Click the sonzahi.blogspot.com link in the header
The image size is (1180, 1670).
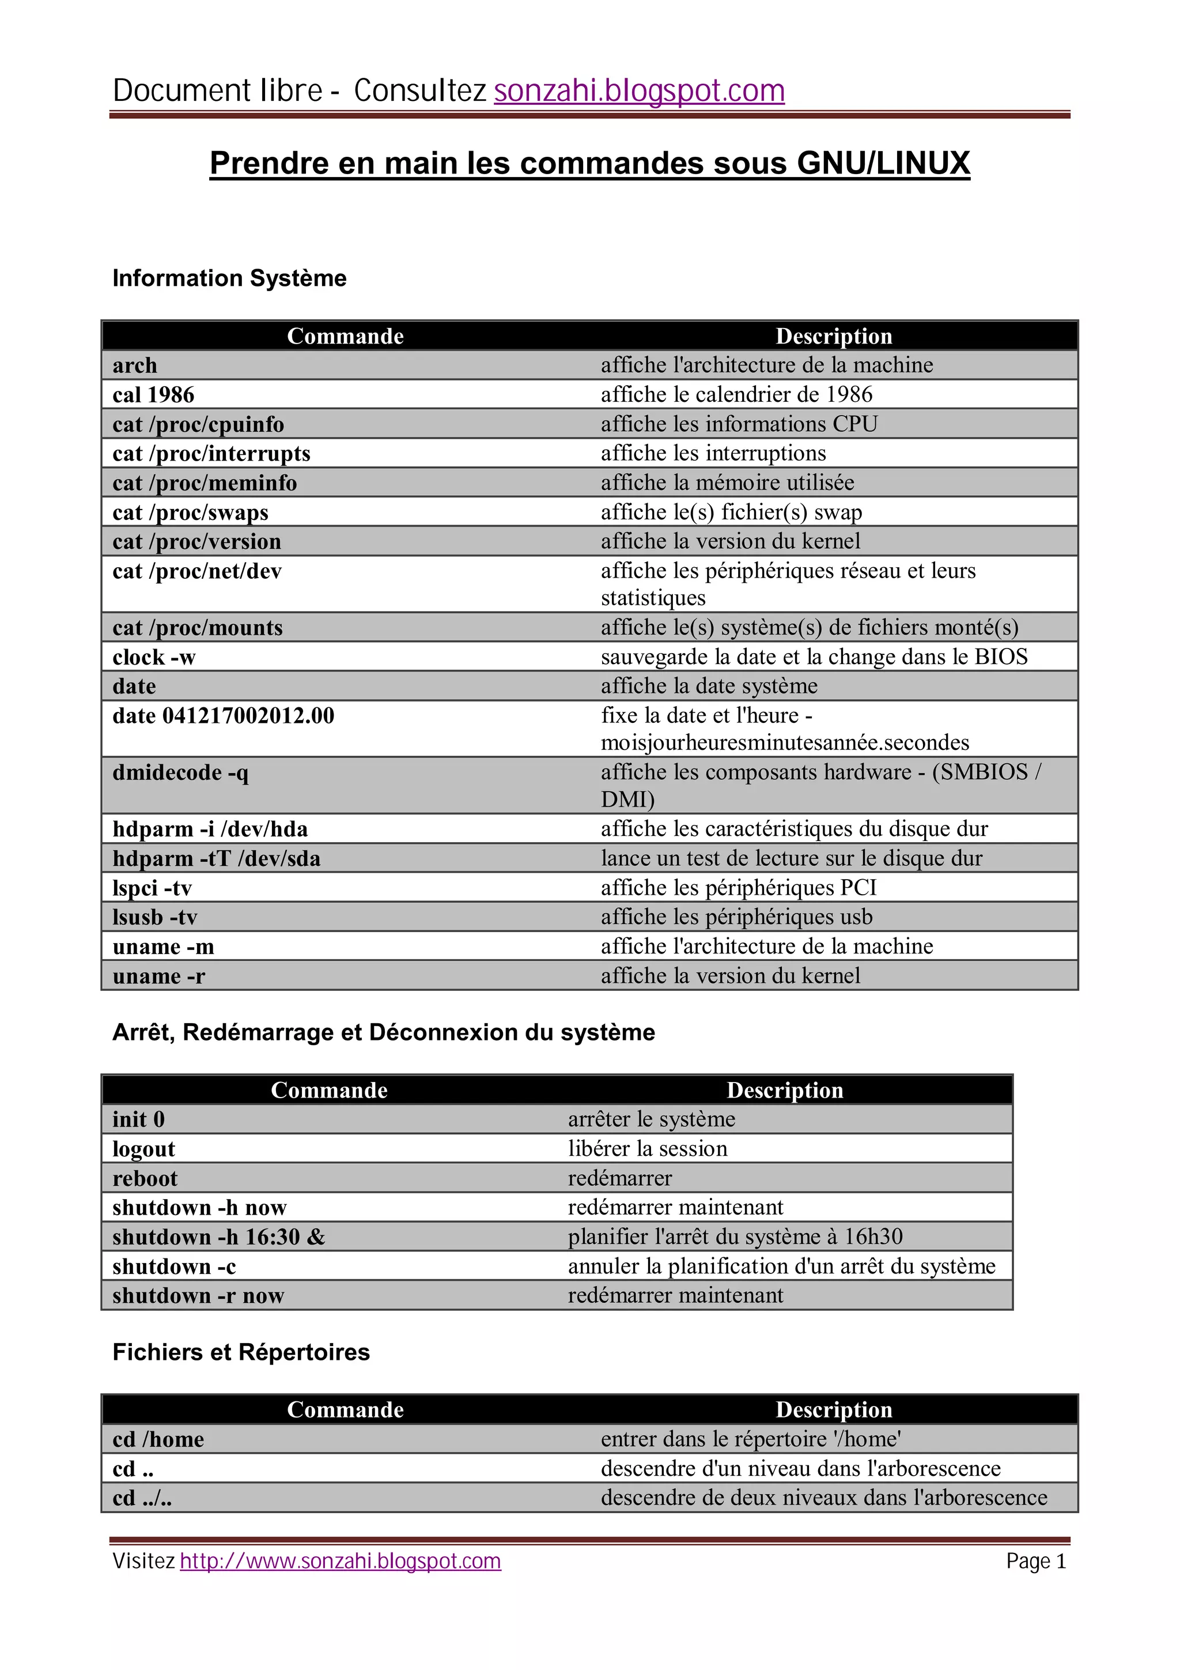[x=638, y=91]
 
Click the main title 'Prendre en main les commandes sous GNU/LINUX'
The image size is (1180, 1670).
[x=589, y=163]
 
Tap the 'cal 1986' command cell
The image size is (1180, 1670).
[x=153, y=394]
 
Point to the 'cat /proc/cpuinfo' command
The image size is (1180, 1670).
[x=198, y=424]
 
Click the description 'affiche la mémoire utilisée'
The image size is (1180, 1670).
[x=727, y=482]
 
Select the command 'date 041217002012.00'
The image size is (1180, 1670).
[x=223, y=716]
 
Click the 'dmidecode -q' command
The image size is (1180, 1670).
[x=180, y=772]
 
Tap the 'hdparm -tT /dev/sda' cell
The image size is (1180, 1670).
[x=216, y=858]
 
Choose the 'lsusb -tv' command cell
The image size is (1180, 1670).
[x=155, y=917]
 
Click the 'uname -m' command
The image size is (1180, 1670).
[x=163, y=947]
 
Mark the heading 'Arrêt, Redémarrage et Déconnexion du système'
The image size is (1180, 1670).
[x=383, y=1032]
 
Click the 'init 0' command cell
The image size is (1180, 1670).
[x=138, y=1119]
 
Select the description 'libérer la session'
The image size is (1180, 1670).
[x=647, y=1148]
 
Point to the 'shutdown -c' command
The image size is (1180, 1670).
[x=174, y=1266]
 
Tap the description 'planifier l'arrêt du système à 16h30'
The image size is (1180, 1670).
[x=735, y=1237]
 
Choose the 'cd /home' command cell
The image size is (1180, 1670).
[x=158, y=1439]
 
